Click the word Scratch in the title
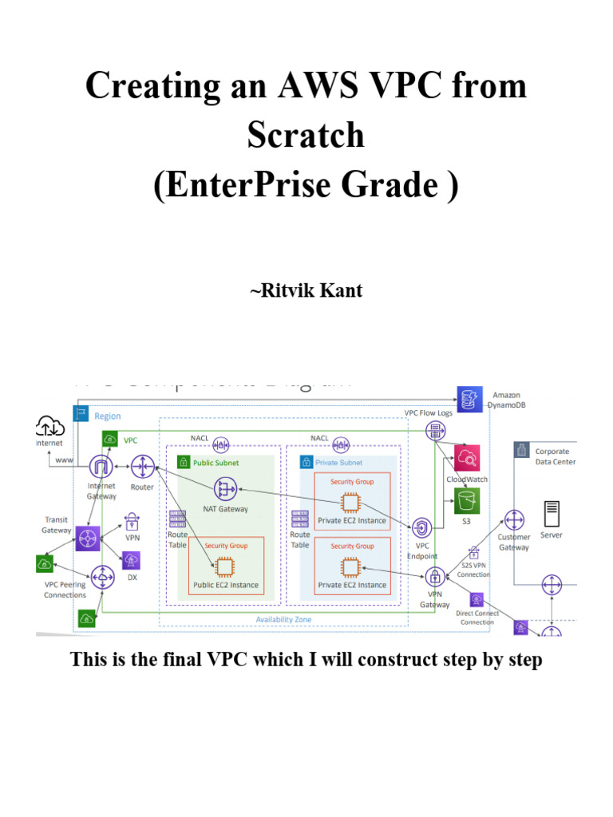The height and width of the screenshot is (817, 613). coord(306,135)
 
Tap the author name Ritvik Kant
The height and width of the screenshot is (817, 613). coord(306,290)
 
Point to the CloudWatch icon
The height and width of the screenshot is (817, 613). coord(466,458)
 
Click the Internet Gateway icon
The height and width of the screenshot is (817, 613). coord(101,465)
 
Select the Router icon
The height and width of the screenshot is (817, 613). coord(143,465)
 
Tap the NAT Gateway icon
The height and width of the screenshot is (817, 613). coord(226,489)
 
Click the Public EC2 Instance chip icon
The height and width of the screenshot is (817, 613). coord(226,566)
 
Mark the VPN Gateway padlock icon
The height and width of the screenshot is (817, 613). coord(435,577)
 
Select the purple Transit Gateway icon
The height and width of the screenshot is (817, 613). coord(88,538)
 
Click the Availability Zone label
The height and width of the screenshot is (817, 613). coord(283,619)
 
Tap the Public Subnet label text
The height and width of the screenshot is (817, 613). coord(216,463)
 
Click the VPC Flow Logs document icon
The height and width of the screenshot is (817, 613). coord(436,432)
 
